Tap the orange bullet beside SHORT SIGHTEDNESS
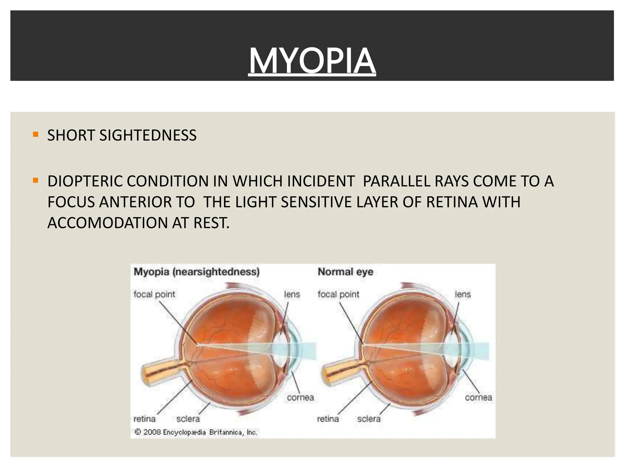click(x=36, y=134)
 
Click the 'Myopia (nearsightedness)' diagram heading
click(x=197, y=271)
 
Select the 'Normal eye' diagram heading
click(x=345, y=271)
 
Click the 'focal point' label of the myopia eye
click(x=154, y=294)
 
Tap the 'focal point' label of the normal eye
click(x=338, y=294)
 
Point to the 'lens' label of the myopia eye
click(x=292, y=294)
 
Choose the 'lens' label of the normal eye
click(x=462, y=294)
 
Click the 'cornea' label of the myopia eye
click(x=300, y=398)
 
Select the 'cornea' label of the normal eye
click(x=478, y=398)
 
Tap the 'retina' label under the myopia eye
click(x=145, y=419)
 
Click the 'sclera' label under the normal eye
click(x=369, y=419)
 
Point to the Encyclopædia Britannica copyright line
click(x=196, y=432)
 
